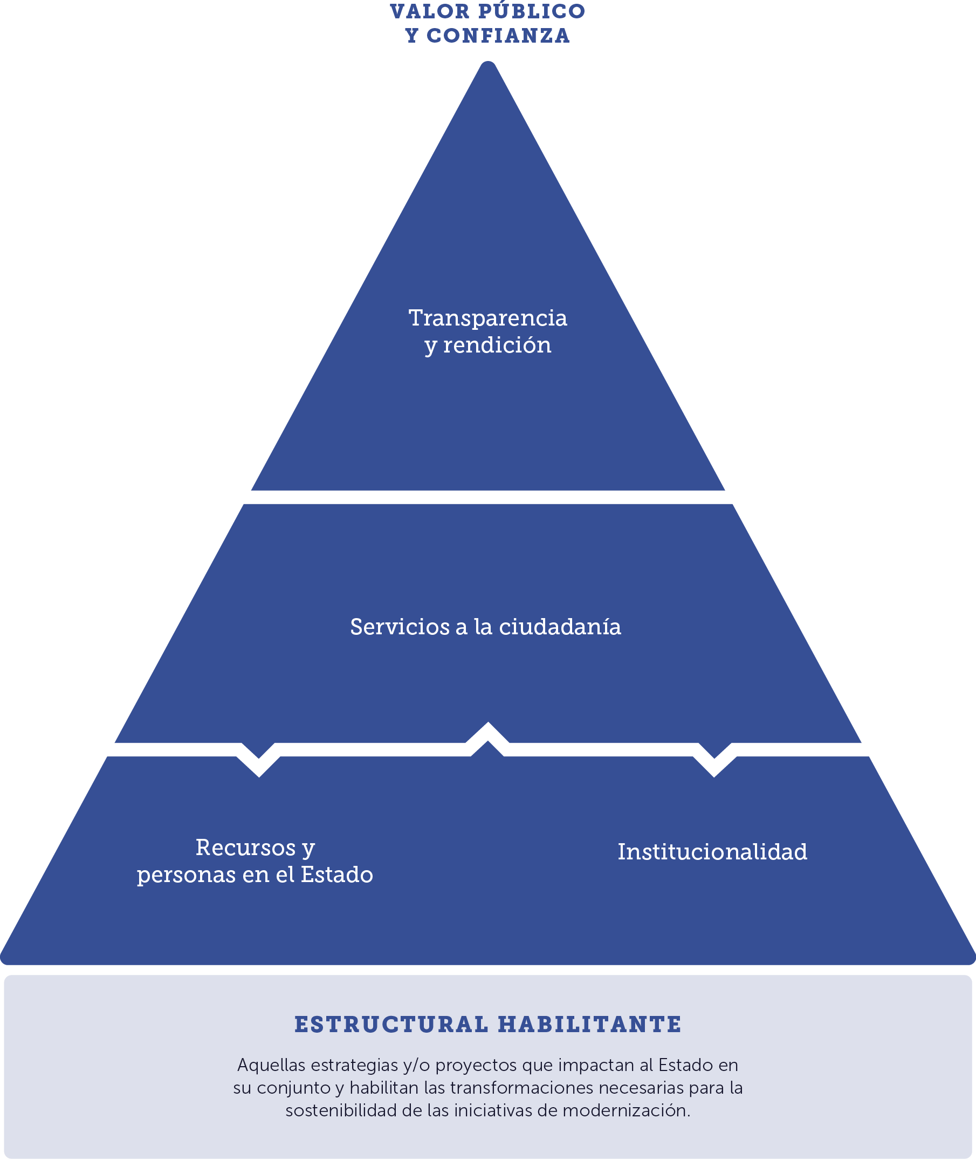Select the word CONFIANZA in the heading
pyautogui.click(x=498, y=36)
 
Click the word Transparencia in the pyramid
pyautogui.click(x=487, y=318)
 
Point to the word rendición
pyautogui.click(x=497, y=345)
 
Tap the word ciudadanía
pyautogui.click(x=560, y=627)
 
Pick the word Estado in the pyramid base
pyautogui.click(x=336, y=875)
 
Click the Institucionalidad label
pyautogui.click(x=712, y=852)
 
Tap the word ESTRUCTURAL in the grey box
pyautogui.click(x=391, y=1025)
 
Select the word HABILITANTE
pyautogui.click(x=589, y=1025)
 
